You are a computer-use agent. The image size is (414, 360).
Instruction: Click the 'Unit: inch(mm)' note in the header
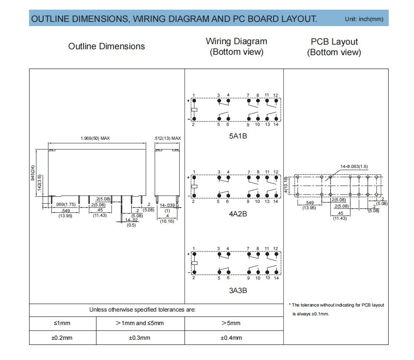364,19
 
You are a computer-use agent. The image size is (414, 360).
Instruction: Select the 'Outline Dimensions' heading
107,46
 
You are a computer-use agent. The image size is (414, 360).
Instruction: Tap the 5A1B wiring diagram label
238,136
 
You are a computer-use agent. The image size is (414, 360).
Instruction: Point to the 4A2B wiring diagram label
238,214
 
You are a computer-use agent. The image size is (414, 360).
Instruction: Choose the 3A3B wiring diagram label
238,291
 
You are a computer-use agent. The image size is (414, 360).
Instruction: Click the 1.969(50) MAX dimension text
95,138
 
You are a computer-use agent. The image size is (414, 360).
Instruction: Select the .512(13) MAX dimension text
167,138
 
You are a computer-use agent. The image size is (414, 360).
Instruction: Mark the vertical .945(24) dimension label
33,173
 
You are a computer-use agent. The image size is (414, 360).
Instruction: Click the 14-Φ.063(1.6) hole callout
354,167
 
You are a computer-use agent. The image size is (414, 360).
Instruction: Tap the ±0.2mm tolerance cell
62,338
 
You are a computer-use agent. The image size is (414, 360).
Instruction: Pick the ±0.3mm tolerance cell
139,338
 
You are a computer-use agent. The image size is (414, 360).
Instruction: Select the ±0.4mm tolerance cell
231,338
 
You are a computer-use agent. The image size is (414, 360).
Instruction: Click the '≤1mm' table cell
62,323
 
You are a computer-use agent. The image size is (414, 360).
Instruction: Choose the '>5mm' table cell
231,323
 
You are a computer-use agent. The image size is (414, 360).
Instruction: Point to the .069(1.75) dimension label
65,205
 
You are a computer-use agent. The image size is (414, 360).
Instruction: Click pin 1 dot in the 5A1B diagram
194,101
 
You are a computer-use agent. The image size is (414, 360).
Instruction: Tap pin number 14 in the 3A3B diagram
276,278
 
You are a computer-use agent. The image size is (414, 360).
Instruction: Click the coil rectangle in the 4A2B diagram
194,187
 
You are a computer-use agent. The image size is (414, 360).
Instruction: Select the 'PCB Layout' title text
334,42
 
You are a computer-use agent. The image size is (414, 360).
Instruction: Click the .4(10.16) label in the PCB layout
286,185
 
